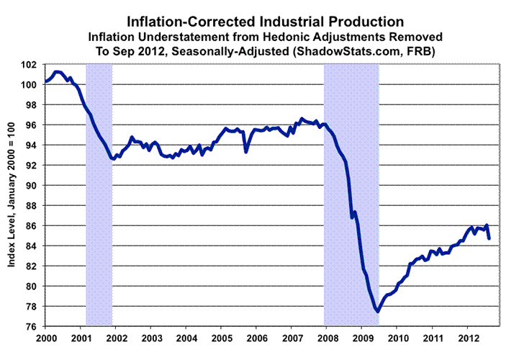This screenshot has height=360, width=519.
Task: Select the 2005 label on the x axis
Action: point(222,338)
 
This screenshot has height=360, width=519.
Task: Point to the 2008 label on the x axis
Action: point(328,338)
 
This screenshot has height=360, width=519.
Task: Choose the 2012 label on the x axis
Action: point(469,338)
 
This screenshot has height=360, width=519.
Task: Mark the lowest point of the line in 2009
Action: point(377,311)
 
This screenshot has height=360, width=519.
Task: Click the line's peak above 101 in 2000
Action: point(58,71)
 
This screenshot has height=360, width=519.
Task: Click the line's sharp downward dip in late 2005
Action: point(246,151)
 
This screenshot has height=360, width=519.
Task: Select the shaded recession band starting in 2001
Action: point(99,194)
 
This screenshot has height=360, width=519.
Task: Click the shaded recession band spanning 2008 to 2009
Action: point(351,194)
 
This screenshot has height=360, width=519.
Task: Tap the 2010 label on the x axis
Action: point(398,338)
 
